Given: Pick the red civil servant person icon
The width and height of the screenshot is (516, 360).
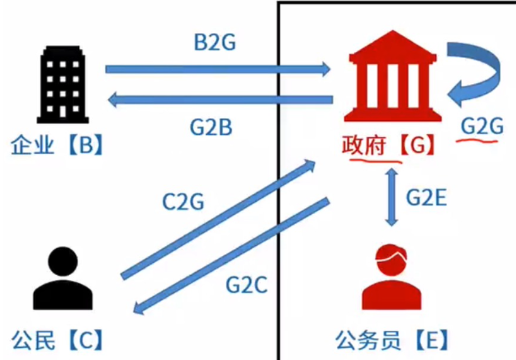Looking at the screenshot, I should coord(391,276).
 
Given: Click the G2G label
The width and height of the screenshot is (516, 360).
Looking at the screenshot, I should coord(479,126).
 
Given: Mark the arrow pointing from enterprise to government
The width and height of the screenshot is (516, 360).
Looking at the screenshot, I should coord(218,69).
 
